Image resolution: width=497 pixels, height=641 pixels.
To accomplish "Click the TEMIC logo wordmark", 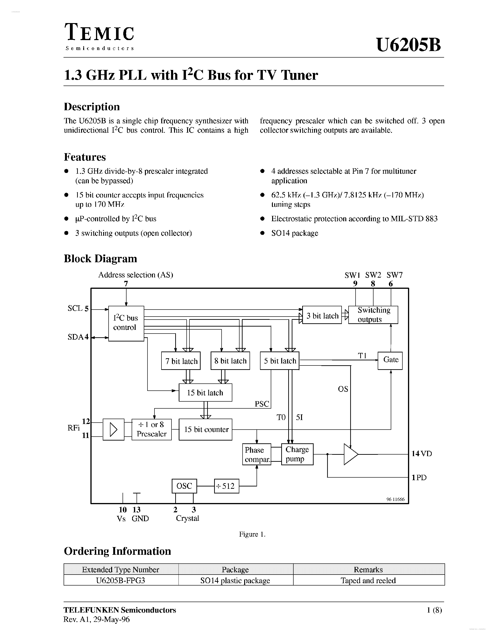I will [x=99, y=33].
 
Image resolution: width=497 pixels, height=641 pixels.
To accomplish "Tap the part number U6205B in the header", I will [x=408, y=45].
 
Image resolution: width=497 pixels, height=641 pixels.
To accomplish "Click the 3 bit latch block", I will [x=322, y=315].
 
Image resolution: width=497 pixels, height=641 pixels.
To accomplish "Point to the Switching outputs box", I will [x=373, y=315].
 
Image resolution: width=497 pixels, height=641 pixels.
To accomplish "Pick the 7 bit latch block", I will [x=181, y=361].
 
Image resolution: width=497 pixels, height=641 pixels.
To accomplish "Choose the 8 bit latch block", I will [x=230, y=361].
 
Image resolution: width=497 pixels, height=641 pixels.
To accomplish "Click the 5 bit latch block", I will [x=280, y=361].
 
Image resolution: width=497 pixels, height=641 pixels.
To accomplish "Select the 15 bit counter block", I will [x=205, y=429].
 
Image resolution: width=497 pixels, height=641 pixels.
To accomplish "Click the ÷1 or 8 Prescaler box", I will [x=151, y=429].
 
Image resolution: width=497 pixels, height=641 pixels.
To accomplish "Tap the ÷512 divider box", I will [x=226, y=486].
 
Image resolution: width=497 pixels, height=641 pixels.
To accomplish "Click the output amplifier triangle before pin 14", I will [x=350, y=454].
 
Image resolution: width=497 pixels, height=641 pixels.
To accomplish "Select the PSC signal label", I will [x=262, y=404].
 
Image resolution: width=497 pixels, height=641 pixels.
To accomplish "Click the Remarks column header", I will [x=368, y=569].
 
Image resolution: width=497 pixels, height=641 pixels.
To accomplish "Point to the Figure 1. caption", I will [x=252, y=534].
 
